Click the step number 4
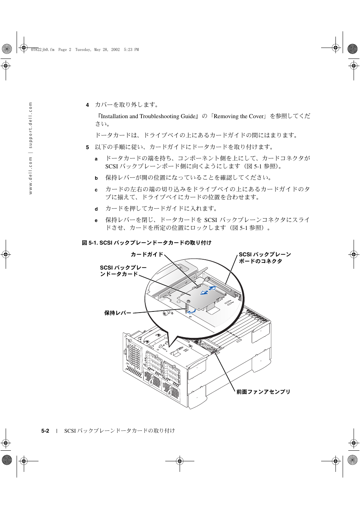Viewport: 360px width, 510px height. pyautogui.click(x=87, y=105)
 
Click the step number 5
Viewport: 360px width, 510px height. pyautogui.click(x=87, y=147)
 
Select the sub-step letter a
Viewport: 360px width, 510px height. pyautogui.click(x=96, y=159)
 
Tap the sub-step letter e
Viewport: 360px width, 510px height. pyautogui.click(x=96, y=220)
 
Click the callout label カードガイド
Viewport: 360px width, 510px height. pyautogui.click(x=147, y=254)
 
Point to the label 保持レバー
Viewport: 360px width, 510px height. pyautogui.click(x=118, y=313)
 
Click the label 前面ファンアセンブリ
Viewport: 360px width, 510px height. pyautogui.click(x=263, y=392)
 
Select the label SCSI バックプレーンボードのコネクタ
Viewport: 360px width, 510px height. pyautogui.click(x=264, y=258)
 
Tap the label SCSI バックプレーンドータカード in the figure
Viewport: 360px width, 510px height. pyautogui.click(x=123, y=271)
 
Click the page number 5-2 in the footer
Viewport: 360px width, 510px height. pyautogui.click(x=45, y=431)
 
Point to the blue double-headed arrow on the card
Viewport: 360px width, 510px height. pyautogui.click(x=208, y=290)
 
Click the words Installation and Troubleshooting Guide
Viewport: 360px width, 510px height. pyautogui.click(x=148, y=116)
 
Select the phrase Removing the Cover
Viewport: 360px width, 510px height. pyautogui.click(x=238, y=116)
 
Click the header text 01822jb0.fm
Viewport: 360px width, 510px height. pyautogui.click(x=43, y=49)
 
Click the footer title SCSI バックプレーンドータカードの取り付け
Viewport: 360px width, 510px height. pyautogui.click(x=120, y=431)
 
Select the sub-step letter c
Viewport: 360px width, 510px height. pyautogui.click(x=96, y=190)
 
